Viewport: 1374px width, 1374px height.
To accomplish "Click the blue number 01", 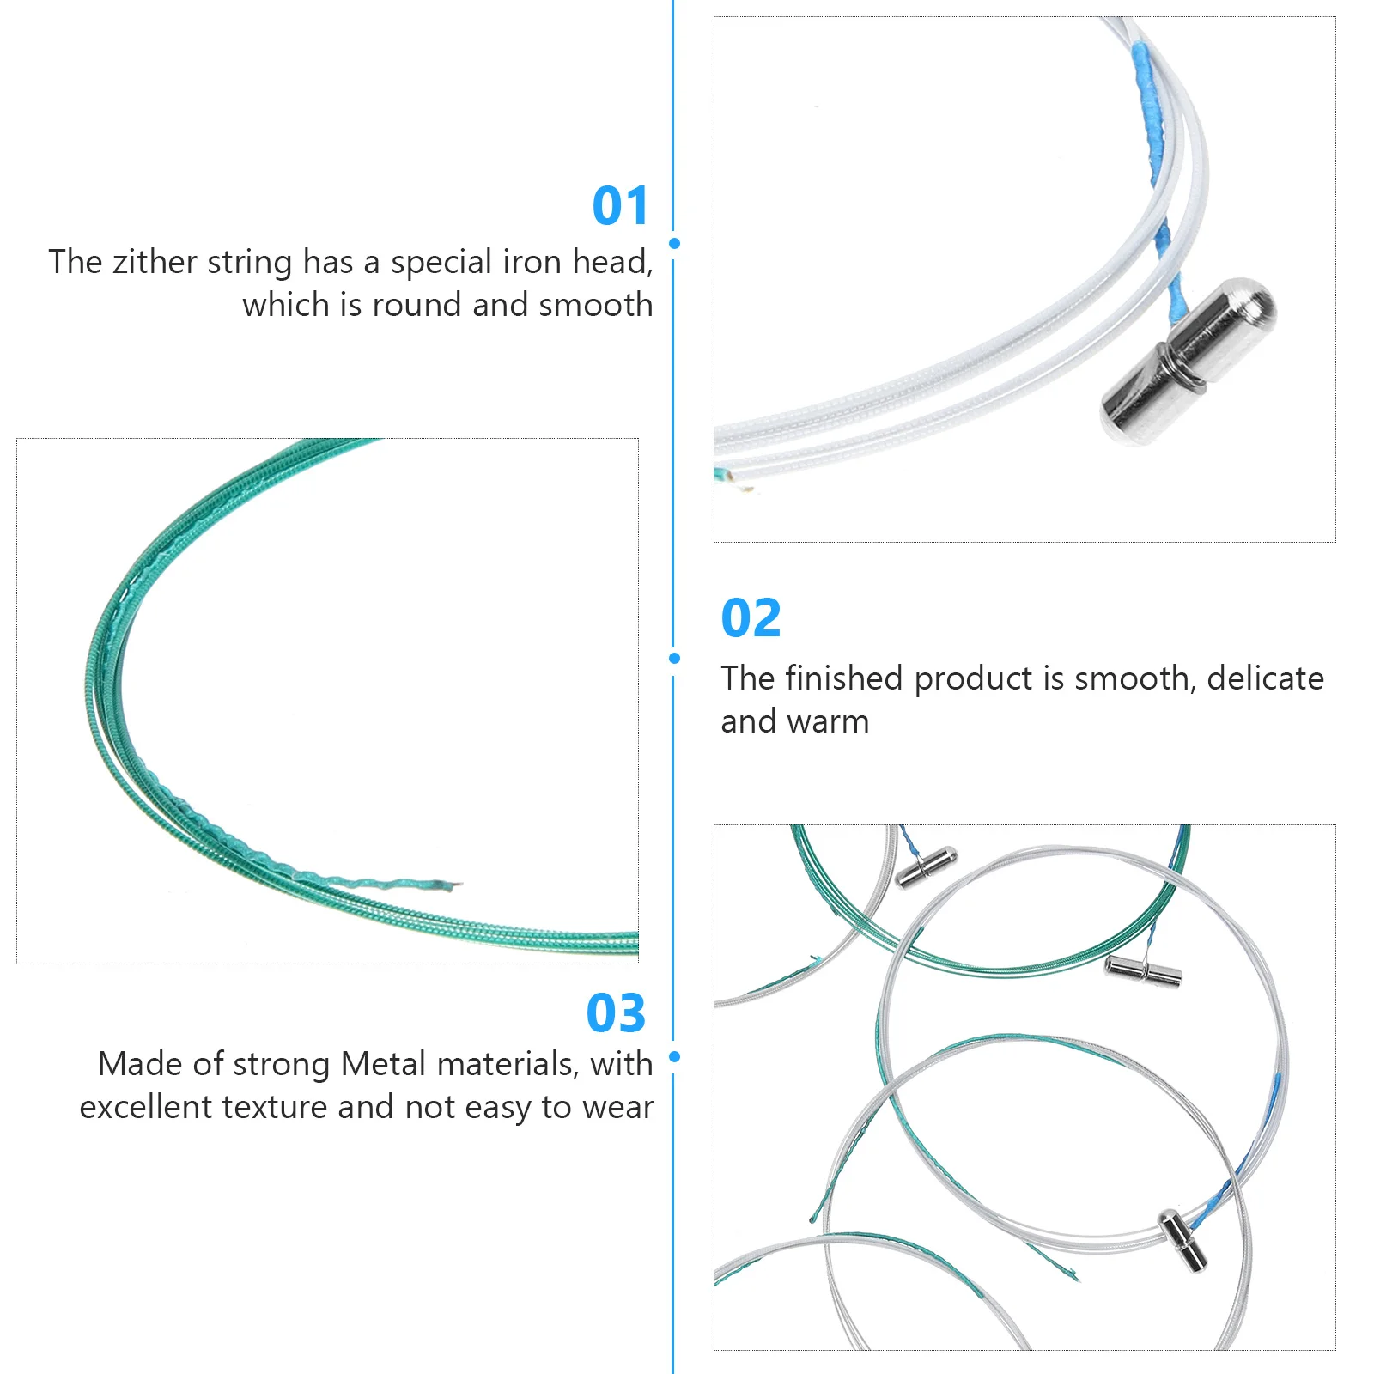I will [620, 206].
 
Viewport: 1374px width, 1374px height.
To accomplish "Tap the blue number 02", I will [751, 618].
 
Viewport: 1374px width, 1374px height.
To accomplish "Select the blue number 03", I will [616, 1013].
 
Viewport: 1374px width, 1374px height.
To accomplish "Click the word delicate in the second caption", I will [1265, 679].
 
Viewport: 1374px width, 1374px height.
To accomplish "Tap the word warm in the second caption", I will [831, 722].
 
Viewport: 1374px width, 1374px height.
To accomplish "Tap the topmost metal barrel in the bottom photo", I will [926, 867].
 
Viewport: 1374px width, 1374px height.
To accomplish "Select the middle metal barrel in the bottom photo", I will [1142, 970].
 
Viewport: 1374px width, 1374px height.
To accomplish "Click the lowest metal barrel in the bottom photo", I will [1182, 1240].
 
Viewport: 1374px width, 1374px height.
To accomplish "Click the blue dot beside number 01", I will [674, 244].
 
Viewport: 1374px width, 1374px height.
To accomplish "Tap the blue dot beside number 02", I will [674, 659].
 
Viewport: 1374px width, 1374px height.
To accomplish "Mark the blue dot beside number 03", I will [674, 1056].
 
